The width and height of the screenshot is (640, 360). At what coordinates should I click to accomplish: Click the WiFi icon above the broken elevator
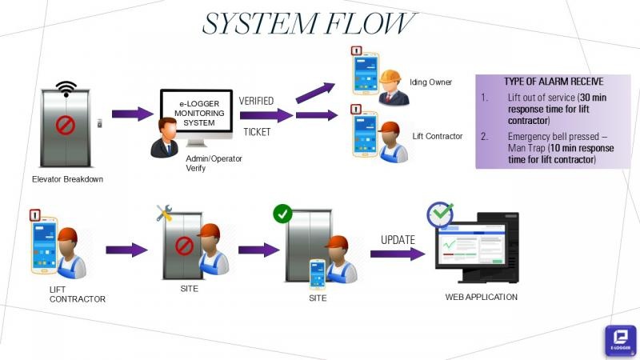click(x=66, y=88)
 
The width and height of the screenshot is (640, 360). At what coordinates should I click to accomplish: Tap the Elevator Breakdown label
click(x=68, y=179)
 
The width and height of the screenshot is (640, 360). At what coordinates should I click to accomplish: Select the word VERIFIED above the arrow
click(x=256, y=101)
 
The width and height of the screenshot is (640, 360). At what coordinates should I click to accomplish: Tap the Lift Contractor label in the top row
click(x=438, y=136)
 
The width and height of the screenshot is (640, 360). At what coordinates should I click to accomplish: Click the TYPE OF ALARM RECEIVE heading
click(x=554, y=82)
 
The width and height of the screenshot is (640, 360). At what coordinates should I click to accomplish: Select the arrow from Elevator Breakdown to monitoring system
click(x=132, y=114)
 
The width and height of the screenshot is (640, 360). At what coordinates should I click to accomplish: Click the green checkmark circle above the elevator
click(x=282, y=214)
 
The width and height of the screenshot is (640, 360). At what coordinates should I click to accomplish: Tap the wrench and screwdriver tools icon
click(x=165, y=213)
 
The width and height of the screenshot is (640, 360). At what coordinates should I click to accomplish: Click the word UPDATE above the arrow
click(x=398, y=238)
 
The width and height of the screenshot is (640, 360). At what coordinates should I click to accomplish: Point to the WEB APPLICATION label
click(x=481, y=297)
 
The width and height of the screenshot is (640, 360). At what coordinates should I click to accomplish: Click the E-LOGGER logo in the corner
click(x=620, y=340)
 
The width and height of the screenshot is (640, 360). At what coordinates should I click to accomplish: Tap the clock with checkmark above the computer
click(x=439, y=214)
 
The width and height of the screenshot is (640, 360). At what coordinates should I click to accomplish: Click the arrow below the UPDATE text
click(x=397, y=254)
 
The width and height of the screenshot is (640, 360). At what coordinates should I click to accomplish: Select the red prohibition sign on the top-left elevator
click(x=66, y=126)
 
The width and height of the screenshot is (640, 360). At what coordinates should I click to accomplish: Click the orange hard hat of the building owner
click(x=390, y=77)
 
